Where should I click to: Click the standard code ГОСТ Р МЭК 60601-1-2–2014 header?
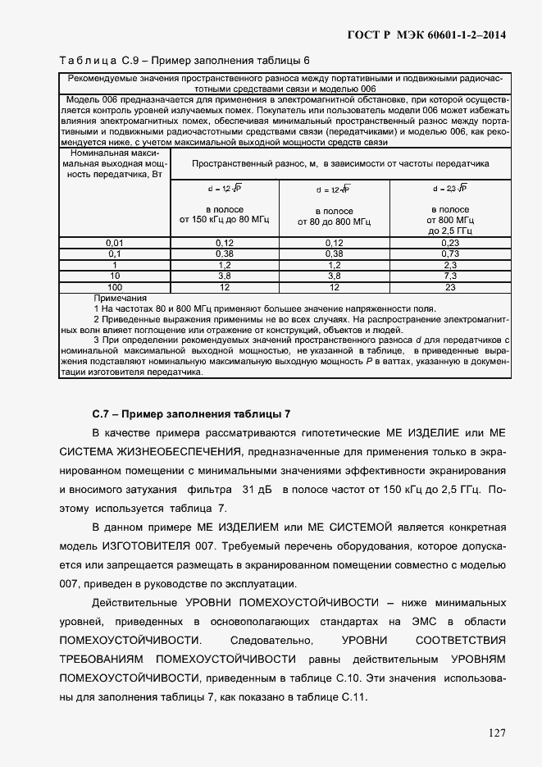(427, 34)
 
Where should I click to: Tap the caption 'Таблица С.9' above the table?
(91, 61)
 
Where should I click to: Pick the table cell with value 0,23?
(450, 244)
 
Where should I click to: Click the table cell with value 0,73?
(450, 254)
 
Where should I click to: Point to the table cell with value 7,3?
(450, 276)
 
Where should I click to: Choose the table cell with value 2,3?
(450, 266)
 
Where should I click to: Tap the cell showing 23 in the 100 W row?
(450, 288)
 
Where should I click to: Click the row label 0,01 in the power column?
(114, 244)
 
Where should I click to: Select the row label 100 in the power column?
(114, 288)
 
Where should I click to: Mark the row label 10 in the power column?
(114, 276)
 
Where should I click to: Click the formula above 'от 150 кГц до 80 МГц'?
(224, 189)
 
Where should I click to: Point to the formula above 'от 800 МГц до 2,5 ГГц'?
(450, 189)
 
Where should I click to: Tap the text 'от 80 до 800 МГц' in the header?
(334, 221)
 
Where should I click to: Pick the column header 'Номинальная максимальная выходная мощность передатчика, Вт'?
(114, 163)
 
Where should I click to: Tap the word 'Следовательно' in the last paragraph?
(268, 640)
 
